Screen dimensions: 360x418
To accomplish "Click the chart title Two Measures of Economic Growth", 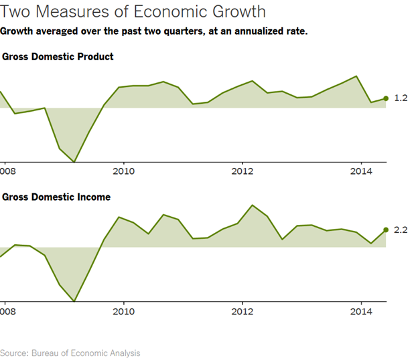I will coord(133,12).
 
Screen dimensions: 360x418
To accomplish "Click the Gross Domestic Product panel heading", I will coord(58,57).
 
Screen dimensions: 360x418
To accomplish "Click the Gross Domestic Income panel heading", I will coord(56,197).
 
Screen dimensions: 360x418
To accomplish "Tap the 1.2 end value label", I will coord(401,98).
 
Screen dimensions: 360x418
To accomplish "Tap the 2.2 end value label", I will coord(401,230).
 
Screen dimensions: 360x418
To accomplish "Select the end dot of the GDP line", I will coord(386,98).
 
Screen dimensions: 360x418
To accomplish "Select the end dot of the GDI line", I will coord(386,230).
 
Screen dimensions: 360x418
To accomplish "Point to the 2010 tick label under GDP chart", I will coord(123,171).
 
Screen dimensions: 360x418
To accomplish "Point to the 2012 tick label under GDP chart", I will coord(242,171).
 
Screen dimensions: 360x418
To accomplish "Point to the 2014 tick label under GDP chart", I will coord(362,171).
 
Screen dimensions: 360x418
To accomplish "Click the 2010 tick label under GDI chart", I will coord(123,311).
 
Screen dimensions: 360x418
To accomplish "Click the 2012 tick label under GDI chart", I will coord(242,311).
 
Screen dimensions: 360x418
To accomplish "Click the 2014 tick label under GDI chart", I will coord(362,311).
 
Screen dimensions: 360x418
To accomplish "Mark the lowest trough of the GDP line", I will coord(74,161).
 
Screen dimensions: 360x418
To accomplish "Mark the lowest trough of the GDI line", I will coord(74,301).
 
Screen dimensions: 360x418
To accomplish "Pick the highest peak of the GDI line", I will coord(252,205).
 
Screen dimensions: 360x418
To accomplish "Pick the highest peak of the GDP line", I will coord(356,76).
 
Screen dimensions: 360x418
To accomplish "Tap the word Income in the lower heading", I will coord(93,197).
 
